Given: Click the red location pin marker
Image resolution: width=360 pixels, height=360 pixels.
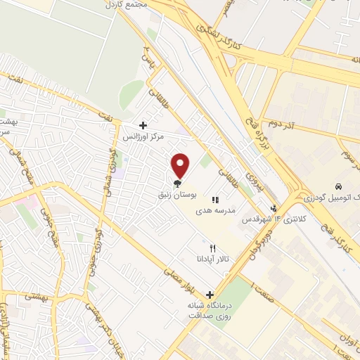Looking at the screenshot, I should (181, 165).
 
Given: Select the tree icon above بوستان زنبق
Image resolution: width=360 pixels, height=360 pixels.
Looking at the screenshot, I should (176, 186).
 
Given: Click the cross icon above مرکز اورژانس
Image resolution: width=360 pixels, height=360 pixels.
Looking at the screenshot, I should (143, 125).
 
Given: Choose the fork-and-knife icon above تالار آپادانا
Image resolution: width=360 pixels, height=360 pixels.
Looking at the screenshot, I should (213, 249).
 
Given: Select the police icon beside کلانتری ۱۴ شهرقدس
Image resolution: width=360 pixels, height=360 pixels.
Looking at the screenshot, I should (274, 208).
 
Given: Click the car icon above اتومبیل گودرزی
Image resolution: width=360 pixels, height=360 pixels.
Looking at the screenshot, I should (339, 187).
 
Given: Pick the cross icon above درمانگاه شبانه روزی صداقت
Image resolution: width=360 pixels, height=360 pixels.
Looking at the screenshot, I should (209, 294).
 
